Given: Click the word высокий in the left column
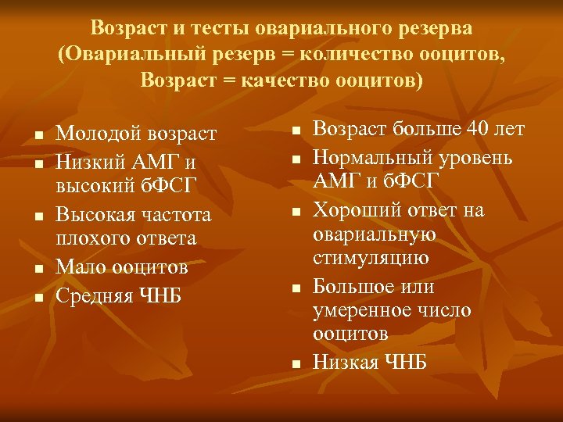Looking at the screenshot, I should [x=92, y=185].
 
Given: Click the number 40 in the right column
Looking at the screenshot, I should [x=476, y=129].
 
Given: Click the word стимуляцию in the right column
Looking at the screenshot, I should [x=360, y=258].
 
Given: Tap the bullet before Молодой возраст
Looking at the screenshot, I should [x=37, y=138].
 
